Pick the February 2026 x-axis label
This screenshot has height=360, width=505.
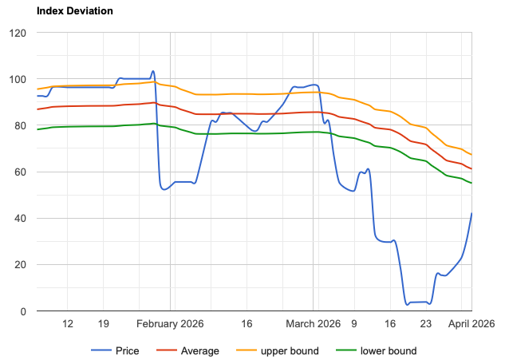click(170, 324)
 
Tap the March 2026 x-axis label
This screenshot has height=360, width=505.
click(314, 324)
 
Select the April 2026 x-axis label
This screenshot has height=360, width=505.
click(471, 324)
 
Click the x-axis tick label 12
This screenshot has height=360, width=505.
click(68, 324)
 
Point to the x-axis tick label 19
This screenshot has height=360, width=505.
click(104, 324)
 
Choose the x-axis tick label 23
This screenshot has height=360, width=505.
click(426, 324)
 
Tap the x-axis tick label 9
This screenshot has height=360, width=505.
click(354, 324)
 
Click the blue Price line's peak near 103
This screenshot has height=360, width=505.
click(153, 71)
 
